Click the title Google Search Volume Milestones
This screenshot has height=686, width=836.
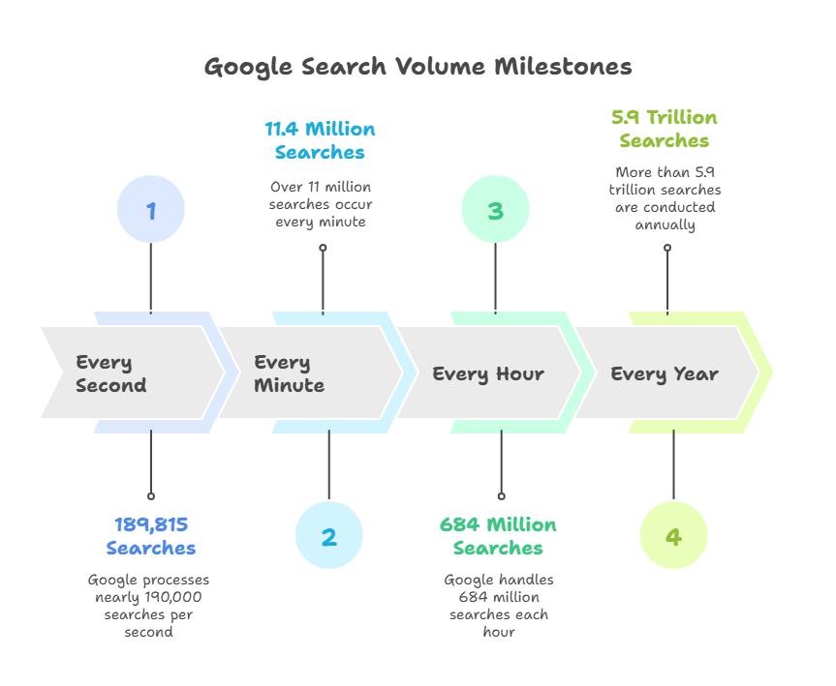418,68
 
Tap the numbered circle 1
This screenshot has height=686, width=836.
151,209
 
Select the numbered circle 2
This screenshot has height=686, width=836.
329,535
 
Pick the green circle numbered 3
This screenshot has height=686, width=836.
495,209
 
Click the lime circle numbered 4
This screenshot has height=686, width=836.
673,535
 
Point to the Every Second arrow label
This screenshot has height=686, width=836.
110,373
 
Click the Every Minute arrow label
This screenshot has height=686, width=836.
289,373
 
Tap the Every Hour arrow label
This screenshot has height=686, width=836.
488,373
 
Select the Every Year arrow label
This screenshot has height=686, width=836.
665,373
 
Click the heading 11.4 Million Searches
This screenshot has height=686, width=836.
320,140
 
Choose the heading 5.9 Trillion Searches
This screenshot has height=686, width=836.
665,129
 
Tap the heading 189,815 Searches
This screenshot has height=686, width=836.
151,536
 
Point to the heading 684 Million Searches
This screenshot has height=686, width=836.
498,536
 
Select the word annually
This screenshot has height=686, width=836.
665,225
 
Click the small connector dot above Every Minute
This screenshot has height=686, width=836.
323,248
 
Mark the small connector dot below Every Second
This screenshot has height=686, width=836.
151,496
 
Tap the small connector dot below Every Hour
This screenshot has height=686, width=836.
501,496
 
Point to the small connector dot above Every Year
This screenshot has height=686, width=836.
667,248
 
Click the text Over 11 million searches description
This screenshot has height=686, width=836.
321,204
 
